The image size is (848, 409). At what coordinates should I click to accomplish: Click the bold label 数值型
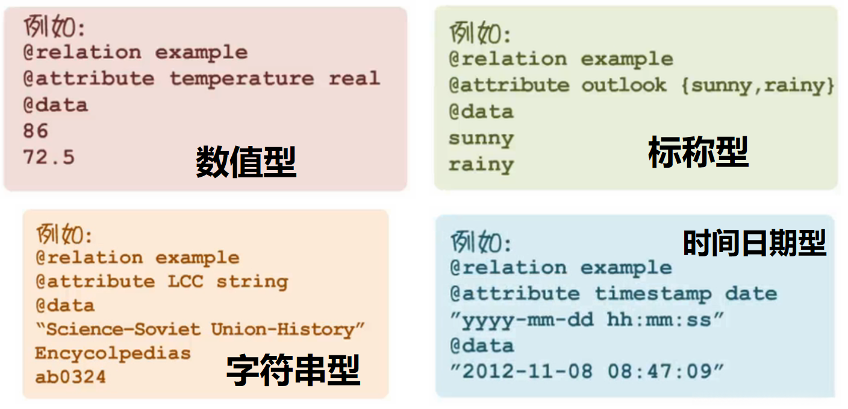(x=246, y=162)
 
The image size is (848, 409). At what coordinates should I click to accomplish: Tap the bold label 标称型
(x=698, y=152)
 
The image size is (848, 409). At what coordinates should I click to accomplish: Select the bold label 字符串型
(x=293, y=370)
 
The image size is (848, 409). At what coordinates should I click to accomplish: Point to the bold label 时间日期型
(x=754, y=243)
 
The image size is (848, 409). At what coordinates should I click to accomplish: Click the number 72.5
(x=49, y=157)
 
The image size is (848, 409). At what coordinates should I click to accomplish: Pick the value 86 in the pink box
(x=36, y=131)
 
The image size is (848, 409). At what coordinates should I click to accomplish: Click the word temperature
(x=241, y=78)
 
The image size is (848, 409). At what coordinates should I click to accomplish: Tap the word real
(x=354, y=78)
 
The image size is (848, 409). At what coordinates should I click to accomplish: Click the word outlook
(x=624, y=86)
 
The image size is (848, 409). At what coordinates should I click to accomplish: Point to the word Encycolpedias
(x=113, y=354)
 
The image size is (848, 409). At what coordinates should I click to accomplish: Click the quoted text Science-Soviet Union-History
(x=200, y=329)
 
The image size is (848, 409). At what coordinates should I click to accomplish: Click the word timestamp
(x=653, y=294)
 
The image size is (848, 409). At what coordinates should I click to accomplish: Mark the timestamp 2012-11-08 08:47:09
(x=587, y=371)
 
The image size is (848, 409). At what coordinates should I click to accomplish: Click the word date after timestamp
(x=751, y=294)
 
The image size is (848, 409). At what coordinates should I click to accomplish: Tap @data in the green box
(x=481, y=112)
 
